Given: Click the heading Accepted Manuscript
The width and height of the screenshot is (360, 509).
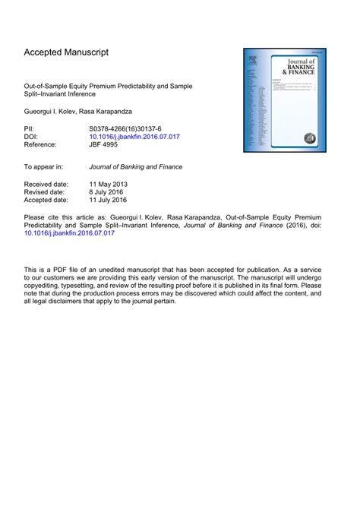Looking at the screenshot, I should pos(66,52).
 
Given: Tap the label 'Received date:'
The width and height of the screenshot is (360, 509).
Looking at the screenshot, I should pos(46,185).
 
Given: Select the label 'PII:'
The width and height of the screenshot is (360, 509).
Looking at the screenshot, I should pos(30,131).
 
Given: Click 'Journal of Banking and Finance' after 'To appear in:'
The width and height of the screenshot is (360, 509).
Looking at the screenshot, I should pos(136,166).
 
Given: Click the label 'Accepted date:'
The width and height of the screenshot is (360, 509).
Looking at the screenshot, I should pos(47,201).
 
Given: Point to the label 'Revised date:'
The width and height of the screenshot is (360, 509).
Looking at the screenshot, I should pos(46,193).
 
